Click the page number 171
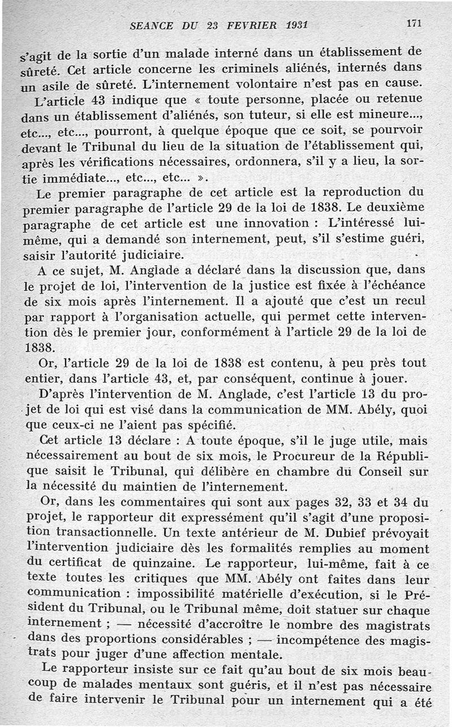(414, 24)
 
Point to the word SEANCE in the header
(150, 26)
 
